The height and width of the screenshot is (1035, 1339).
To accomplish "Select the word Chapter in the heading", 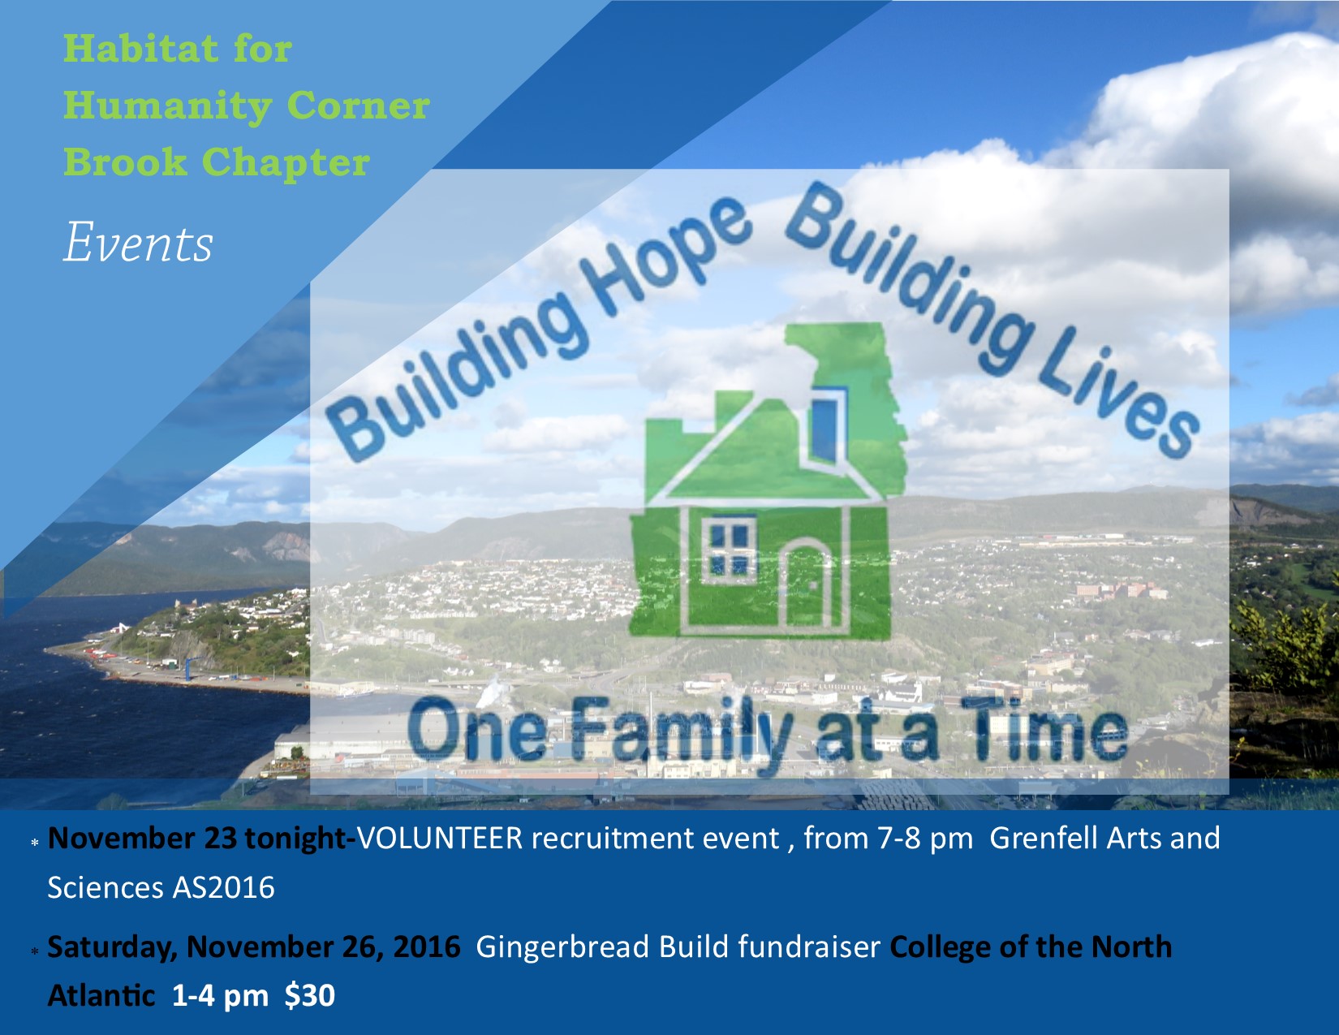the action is point(286,162).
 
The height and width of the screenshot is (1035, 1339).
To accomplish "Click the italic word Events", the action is point(138,243).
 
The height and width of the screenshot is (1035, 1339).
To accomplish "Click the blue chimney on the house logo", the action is point(828,426).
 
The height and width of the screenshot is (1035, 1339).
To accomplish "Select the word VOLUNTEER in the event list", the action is point(440,839).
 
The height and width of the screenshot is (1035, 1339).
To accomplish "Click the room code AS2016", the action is point(223,888).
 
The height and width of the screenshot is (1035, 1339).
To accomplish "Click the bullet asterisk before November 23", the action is point(35,843).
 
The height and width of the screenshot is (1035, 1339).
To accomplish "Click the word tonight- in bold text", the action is point(300,839).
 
